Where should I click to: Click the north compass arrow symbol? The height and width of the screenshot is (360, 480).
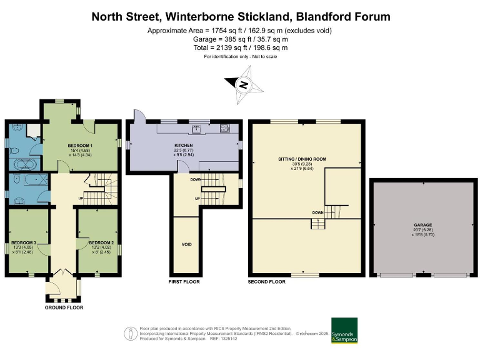(243, 85)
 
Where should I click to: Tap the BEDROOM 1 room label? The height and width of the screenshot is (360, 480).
(80, 144)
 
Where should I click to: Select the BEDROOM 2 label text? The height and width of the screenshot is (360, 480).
(101, 242)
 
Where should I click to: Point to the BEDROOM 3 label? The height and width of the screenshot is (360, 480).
(24, 242)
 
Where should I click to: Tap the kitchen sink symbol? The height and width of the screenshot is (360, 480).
(196, 129)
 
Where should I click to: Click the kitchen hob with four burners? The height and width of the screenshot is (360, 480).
(225, 129)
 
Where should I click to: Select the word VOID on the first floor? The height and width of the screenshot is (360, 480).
(186, 244)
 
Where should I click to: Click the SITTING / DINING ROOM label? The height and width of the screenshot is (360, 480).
(302, 159)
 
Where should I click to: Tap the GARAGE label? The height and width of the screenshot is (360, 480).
(422, 224)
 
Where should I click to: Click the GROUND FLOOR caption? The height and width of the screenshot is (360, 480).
(64, 307)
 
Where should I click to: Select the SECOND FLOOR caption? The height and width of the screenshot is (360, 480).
(267, 282)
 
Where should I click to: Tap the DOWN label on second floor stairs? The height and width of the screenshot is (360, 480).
(317, 212)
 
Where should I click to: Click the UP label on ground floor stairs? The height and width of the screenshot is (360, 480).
(81, 199)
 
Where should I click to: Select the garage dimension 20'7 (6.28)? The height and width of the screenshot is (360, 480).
(422, 229)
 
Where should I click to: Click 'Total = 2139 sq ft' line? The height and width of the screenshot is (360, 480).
(240, 47)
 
